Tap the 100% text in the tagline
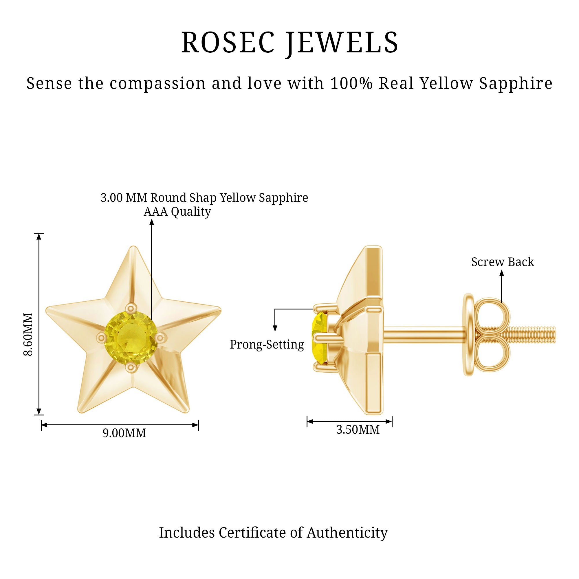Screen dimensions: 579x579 (351, 83)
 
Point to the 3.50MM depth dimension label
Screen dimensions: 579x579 (358, 430)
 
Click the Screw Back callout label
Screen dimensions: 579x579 (502, 262)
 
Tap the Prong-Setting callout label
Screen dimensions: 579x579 (267, 345)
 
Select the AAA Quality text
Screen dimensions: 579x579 (177, 212)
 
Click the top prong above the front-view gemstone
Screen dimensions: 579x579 (131, 307)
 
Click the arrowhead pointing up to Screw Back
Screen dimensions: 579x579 (502, 273)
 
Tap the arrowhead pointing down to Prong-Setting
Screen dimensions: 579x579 (275, 329)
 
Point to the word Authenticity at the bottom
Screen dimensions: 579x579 (347, 533)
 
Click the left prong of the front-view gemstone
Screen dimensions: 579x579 (101, 338)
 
